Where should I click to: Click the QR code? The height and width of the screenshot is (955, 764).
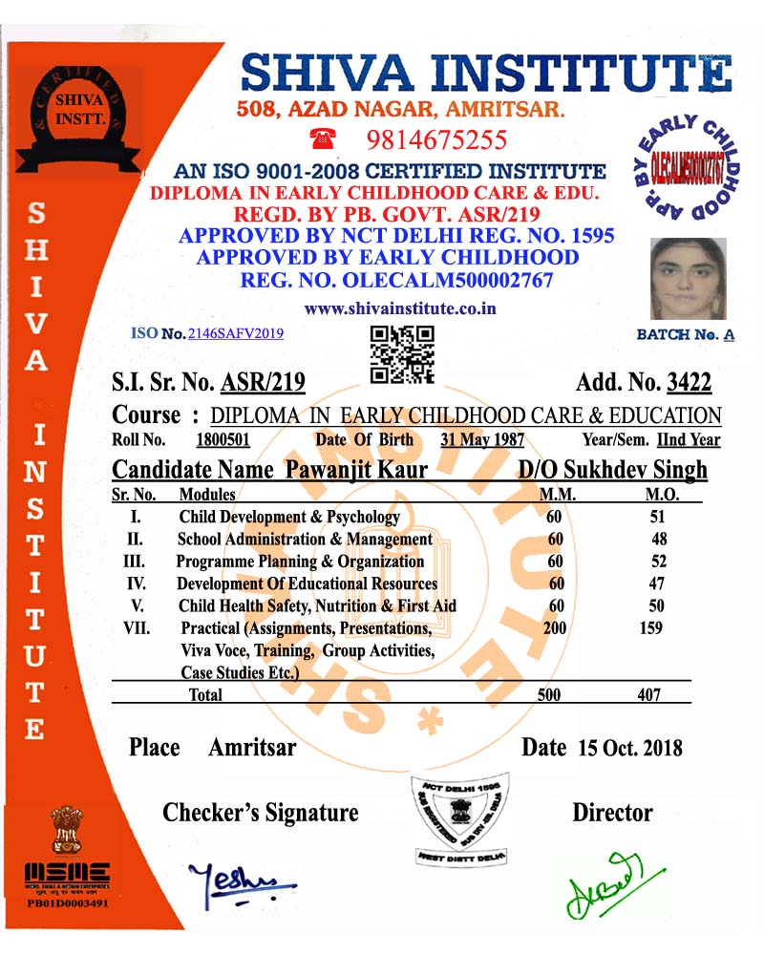(402, 353)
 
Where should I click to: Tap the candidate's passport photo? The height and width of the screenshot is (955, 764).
(688, 279)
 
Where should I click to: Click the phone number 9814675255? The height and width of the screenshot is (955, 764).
(437, 140)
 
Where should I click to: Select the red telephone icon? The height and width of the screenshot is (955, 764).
(323, 138)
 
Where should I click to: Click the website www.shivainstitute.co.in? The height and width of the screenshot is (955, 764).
(400, 308)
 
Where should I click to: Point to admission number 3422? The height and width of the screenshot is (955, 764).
(689, 384)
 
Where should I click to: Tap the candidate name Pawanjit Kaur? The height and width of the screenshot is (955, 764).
(355, 470)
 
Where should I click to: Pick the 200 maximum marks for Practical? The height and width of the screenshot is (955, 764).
(554, 628)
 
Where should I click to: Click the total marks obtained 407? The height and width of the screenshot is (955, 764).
(648, 695)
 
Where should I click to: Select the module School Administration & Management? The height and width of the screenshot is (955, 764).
(305, 539)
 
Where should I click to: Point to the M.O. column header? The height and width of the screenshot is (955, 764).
(662, 495)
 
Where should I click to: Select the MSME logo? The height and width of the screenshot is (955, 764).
(67, 871)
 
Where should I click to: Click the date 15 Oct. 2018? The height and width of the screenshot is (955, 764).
(630, 748)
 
